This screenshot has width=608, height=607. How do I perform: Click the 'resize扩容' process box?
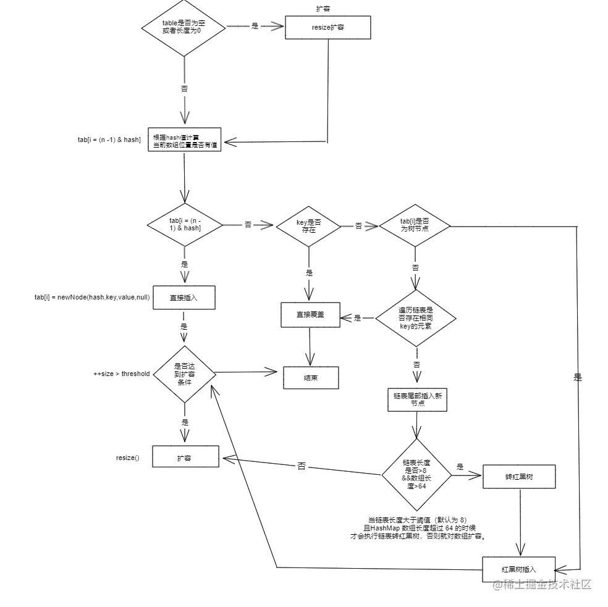click(327, 28)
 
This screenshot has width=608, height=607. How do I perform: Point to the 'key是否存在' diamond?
click(308, 225)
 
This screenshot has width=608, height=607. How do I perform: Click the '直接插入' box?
click(184, 297)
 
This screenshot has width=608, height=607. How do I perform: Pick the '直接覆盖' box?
click(310, 315)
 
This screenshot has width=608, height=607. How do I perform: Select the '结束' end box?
click(311, 378)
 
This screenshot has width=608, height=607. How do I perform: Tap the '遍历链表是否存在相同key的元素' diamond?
click(416, 318)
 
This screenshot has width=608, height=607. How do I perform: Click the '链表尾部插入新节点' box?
click(417, 399)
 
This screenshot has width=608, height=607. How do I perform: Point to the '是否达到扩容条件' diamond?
click(184, 374)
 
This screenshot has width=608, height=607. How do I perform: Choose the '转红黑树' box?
click(520, 477)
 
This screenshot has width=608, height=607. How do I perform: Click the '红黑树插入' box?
click(519, 569)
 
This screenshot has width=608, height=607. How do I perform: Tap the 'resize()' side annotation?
click(128, 458)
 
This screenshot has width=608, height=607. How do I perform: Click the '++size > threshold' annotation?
click(121, 374)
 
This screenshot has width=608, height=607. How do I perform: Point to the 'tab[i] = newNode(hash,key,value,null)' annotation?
click(91, 297)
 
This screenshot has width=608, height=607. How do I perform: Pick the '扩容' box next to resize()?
click(185, 458)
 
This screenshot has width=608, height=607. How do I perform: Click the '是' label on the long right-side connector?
click(578, 377)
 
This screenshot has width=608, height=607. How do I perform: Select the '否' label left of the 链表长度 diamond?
click(301, 466)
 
